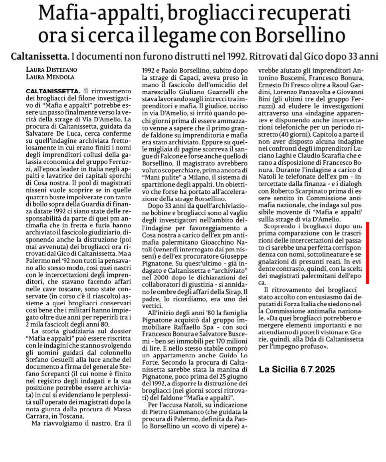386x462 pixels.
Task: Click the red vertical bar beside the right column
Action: click(x=367, y=253)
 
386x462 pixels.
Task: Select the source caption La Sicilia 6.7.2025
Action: click(x=297, y=370)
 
